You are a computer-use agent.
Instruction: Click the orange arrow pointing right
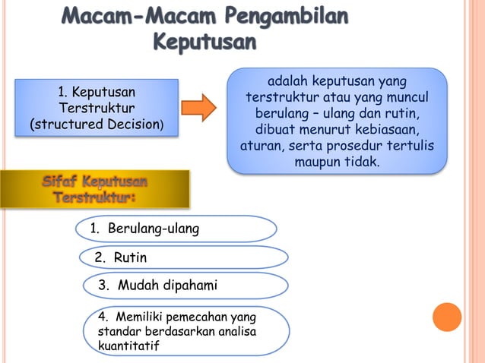click(x=199, y=108)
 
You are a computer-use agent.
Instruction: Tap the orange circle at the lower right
click(x=447, y=317)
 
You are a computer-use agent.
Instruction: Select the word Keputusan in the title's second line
click(x=204, y=41)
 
